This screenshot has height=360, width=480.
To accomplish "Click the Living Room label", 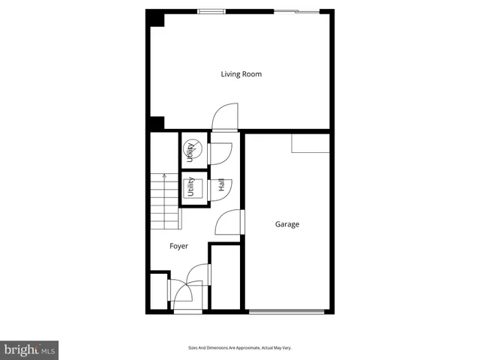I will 241,74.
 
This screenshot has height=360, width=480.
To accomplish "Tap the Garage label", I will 286,224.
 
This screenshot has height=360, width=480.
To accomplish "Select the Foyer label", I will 178,246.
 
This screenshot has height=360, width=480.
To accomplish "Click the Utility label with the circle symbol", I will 190,152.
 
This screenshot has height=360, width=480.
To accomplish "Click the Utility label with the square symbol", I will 190,187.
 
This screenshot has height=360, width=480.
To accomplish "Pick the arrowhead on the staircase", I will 164,177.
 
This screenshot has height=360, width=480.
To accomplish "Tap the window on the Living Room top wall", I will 211,11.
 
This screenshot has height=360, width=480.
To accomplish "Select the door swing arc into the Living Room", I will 224,118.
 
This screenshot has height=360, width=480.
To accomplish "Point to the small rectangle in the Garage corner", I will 310,143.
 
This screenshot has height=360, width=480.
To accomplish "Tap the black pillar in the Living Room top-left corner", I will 155,18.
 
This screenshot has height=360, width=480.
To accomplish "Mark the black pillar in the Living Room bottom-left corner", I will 155,123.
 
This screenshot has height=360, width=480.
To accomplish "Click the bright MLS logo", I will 30,349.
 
